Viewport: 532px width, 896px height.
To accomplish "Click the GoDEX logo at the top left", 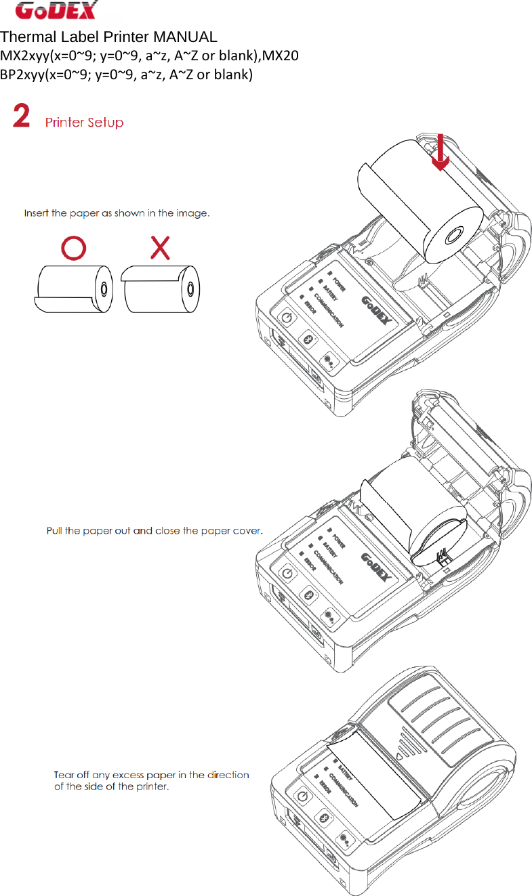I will [x=57, y=11].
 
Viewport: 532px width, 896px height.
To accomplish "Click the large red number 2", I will [x=22, y=116].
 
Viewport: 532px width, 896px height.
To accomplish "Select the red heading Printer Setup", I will [x=84, y=123].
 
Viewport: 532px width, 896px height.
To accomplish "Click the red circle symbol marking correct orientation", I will [x=74, y=249].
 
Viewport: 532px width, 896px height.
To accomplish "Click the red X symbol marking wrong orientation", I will [x=160, y=249].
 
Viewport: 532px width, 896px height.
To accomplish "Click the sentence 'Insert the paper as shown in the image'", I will [x=117, y=213].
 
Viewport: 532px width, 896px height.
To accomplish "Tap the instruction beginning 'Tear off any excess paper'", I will [x=151, y=780].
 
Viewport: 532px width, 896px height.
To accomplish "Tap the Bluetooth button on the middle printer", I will [x=309, y=594].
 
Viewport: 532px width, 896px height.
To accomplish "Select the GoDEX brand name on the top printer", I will [x=378, y=310].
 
